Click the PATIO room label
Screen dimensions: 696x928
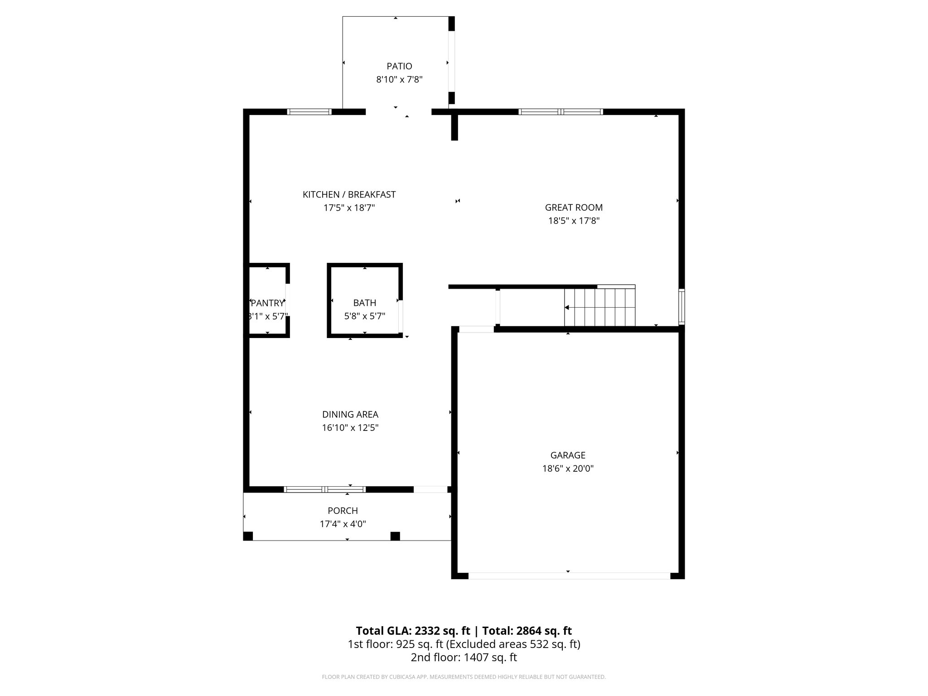[399, 66]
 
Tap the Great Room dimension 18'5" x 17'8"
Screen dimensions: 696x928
[574, 221]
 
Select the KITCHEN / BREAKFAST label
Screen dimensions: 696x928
[349, 194]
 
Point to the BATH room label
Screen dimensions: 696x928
[365, 303]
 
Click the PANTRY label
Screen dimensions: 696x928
[267, 303]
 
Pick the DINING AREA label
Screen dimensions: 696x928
[350, 414]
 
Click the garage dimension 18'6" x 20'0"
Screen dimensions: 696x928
[568, 469]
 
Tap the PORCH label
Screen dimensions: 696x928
[343, 511]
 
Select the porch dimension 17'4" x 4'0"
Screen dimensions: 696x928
[343, 524]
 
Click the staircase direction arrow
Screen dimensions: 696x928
[567, 308]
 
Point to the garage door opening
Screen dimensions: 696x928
[569, 575]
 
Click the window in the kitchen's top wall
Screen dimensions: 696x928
[310, 112]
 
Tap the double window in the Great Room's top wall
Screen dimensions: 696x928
[561, 112]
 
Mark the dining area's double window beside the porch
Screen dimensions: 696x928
[324, 489]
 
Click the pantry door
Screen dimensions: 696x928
[287, 300]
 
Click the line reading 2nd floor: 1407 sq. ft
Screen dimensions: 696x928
[464, 657]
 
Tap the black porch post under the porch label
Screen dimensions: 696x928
[395, 536]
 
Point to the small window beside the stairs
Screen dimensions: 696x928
[681, 307]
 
